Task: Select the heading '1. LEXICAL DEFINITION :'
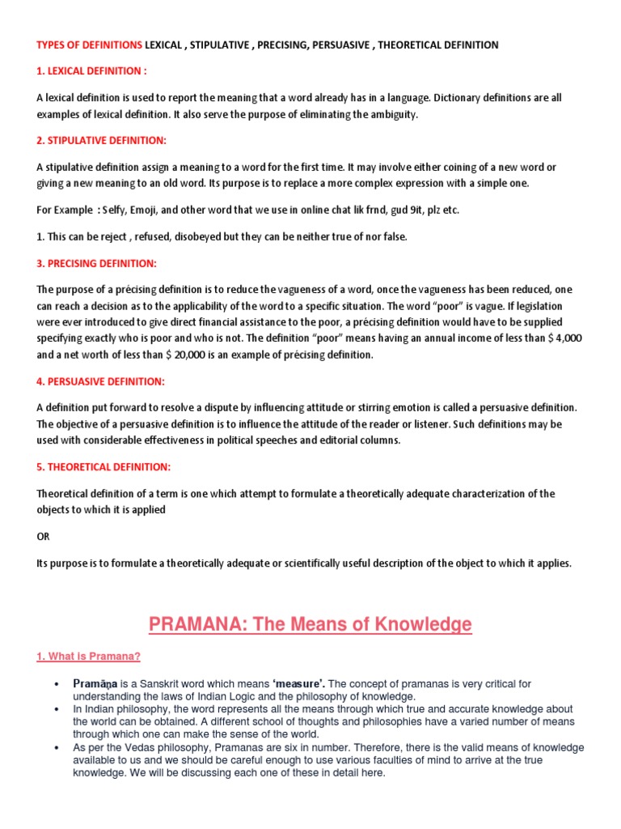click(92, 71)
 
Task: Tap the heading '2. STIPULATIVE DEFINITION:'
click(101, 141)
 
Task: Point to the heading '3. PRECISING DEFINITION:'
click(97, 264)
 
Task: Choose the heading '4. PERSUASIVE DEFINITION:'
click(100, 380)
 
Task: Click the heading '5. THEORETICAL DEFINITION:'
click(103, 467)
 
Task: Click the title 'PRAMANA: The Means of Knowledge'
click(310, 624)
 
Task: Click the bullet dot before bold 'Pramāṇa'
click(56, 685)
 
